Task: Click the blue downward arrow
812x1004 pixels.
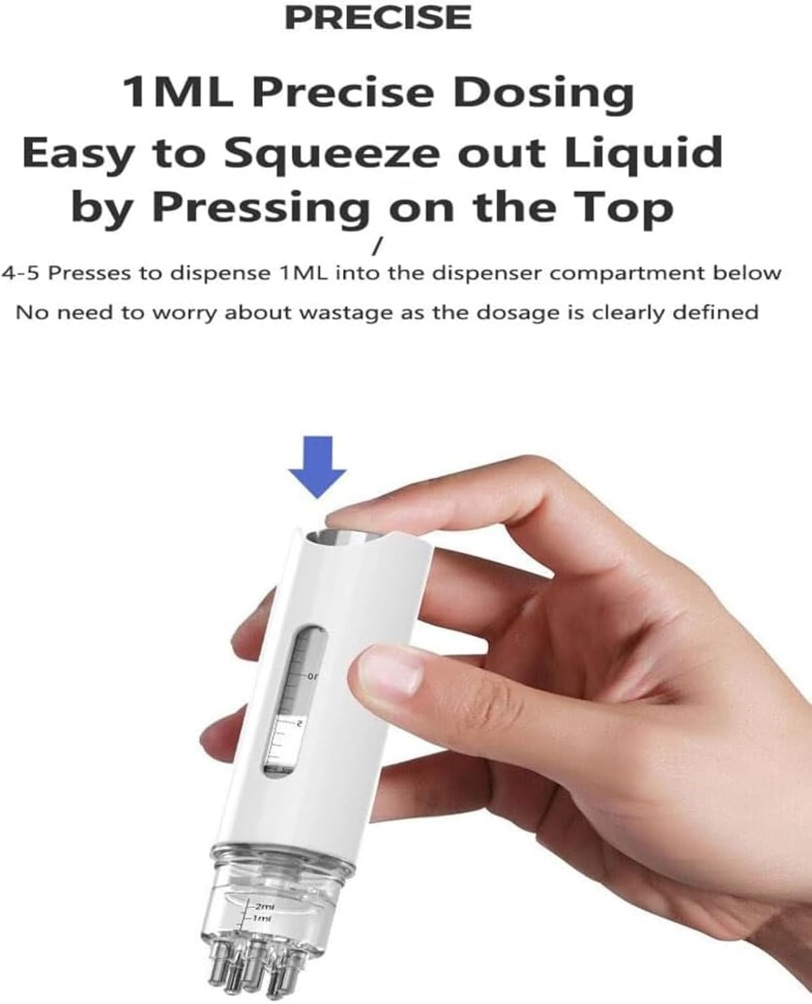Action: (x=318, y=467)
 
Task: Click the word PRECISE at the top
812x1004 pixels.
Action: (x=378, y=17)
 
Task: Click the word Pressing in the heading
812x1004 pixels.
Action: (x=261, y=209)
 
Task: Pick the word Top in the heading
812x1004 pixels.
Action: (x=625, y=209)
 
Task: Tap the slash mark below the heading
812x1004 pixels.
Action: (x=376, y=248)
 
